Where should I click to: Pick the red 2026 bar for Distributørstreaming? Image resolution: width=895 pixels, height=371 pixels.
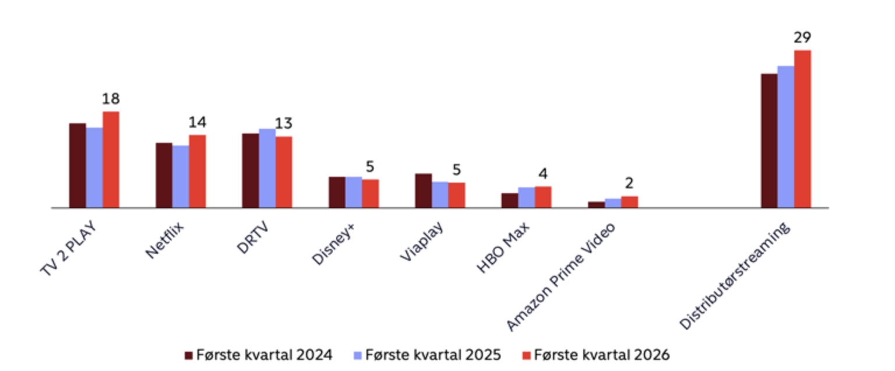point(802,129)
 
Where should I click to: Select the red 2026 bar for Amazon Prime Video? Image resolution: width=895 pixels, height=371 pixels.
point(629,202)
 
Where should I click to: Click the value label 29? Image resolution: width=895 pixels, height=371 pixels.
point(802,38)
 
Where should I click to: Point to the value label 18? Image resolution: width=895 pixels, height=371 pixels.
point(111,99)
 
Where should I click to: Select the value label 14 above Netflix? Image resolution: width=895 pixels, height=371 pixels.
point(197,123)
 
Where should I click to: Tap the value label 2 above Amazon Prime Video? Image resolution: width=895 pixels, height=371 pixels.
point(629,184)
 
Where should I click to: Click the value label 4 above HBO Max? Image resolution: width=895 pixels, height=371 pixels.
point(543,174)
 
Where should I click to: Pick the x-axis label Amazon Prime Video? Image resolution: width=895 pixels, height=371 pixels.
point(561,277)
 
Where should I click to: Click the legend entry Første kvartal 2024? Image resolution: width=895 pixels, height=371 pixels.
point(258,355)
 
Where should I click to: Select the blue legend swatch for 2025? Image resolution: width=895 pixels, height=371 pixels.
point(358,355)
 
